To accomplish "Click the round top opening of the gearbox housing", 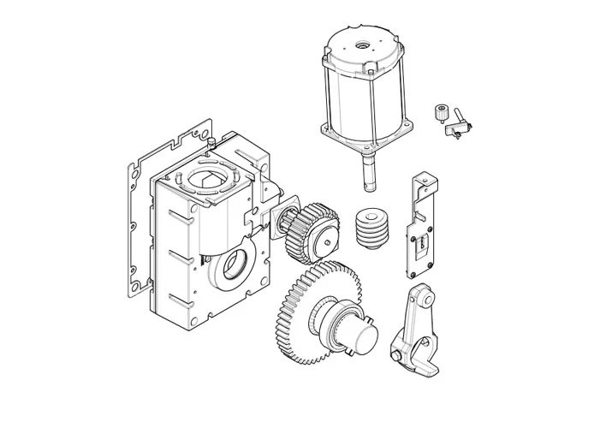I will [205, 179].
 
